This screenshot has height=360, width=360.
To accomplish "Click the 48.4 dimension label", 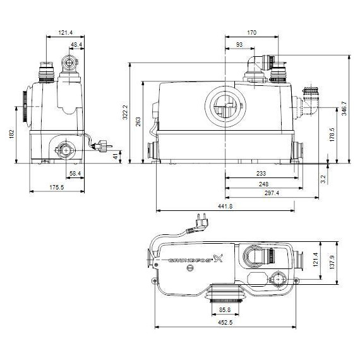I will pyautogui.click(x=76, y=45).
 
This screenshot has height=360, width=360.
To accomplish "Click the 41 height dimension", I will pyautogui.click(x=115, y=156).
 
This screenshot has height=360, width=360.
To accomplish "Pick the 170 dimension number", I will pyautogui.click(x=253, y=32).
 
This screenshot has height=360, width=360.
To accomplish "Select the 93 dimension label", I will pyautogui.click(x=239, y=44).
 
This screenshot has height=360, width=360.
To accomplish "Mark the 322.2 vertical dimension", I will pyautogui.click(x=126, y=113).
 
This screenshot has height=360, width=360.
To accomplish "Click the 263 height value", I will pyautogui.click(x=139, y=121).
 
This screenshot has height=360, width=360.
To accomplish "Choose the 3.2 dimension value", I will pyautogui.click(x=323, y=179).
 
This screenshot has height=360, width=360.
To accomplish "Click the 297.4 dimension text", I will pyautogui.click(x=273, y=193).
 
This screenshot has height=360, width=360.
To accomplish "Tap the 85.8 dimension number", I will pyautogui.click(x=224, y=311).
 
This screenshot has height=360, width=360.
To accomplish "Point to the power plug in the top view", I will pyautogui.click(x=204, y=220).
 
